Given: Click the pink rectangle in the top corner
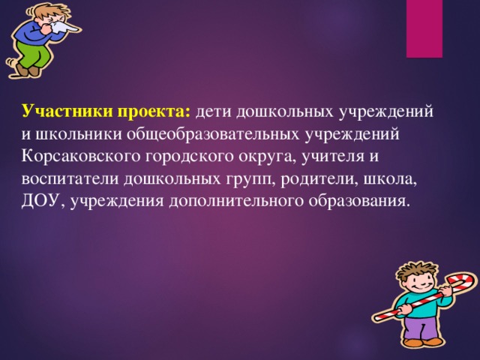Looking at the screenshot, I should click(x=424, y=28).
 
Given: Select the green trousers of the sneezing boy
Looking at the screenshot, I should click(x=30, y=56).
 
